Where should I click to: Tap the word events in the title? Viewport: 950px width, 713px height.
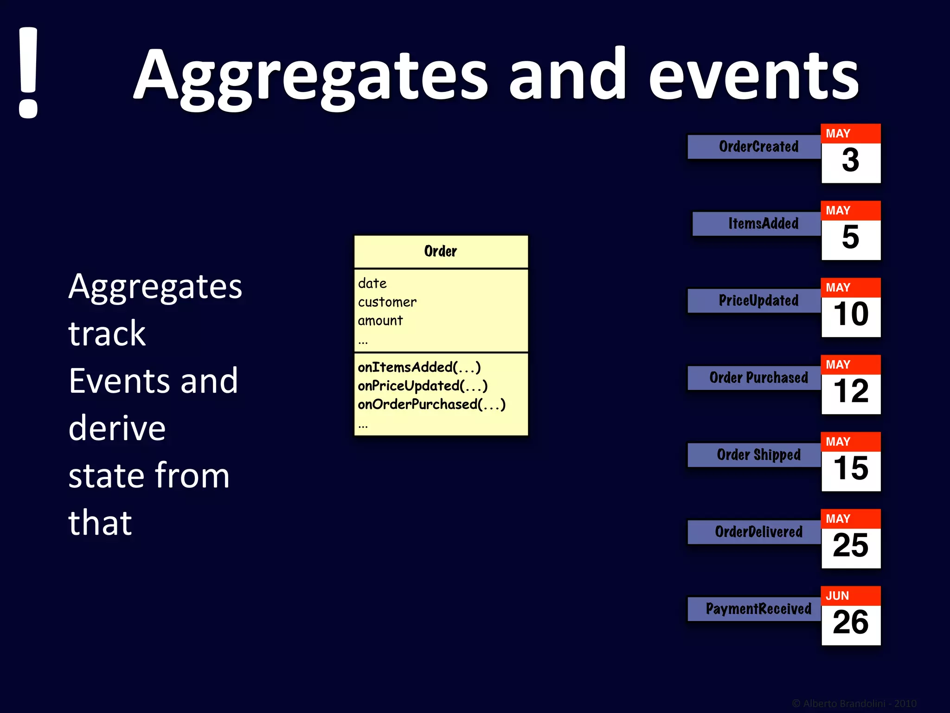click(753, 77)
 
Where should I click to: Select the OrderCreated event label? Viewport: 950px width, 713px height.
click(758, 147)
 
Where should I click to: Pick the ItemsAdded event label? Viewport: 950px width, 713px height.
click(763, 224)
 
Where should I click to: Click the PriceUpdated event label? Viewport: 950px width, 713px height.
click(758, 301)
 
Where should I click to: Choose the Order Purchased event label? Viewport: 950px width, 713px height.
click(758, 378)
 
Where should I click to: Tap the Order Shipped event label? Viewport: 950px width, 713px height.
click(758, 455)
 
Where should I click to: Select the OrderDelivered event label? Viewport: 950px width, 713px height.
click(758, 532)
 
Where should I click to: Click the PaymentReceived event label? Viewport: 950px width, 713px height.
click(758, 609)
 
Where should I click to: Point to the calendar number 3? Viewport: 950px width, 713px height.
click(850, 161)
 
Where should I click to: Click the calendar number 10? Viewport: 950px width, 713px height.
click(850, 315)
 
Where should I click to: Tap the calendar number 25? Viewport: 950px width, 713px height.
click(850, 546)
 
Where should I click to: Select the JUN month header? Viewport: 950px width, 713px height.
click(837, 596)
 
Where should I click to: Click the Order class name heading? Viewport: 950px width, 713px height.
click(440, 252)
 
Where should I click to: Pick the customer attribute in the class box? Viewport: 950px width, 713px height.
click(387, 302)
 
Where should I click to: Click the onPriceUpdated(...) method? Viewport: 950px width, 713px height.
click(422, 386)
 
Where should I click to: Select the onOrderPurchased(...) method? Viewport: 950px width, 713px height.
click(431, 404)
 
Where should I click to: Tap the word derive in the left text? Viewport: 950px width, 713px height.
click(117, 428)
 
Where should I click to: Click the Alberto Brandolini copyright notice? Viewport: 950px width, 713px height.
click(854, 704)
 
